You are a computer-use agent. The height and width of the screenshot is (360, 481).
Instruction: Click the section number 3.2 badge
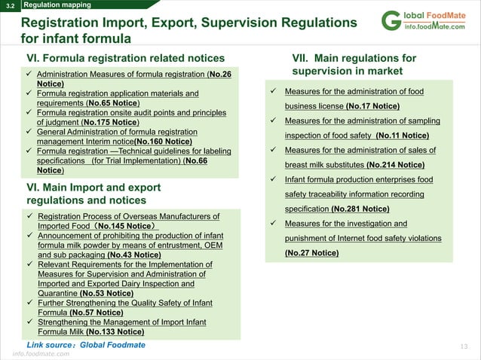click(10, 5)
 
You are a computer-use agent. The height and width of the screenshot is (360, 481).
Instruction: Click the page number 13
click(464, 346)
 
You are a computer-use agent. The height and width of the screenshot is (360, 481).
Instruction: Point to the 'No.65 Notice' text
click(112, 103)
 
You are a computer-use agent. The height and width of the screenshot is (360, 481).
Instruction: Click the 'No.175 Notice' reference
click(111, 122)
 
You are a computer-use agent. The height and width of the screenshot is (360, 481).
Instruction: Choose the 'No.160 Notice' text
click(162, 141)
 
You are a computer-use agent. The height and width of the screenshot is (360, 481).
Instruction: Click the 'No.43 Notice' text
click(134, 255)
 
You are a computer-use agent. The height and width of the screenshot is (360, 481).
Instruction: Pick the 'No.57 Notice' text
click(96, 312)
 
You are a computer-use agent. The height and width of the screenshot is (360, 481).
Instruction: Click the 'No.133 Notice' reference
click(115, 331)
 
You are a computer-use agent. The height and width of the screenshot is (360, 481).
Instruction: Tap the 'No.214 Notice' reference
click(395, 165)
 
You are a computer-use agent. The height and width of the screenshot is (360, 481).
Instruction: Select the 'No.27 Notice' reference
click(311, 253)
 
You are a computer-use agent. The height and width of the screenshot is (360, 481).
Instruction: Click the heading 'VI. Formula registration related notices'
click(125, 58)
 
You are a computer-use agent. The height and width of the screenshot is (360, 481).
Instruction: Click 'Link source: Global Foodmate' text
click(86, 345)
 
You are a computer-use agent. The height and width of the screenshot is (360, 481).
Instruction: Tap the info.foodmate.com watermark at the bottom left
click(41, 353)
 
